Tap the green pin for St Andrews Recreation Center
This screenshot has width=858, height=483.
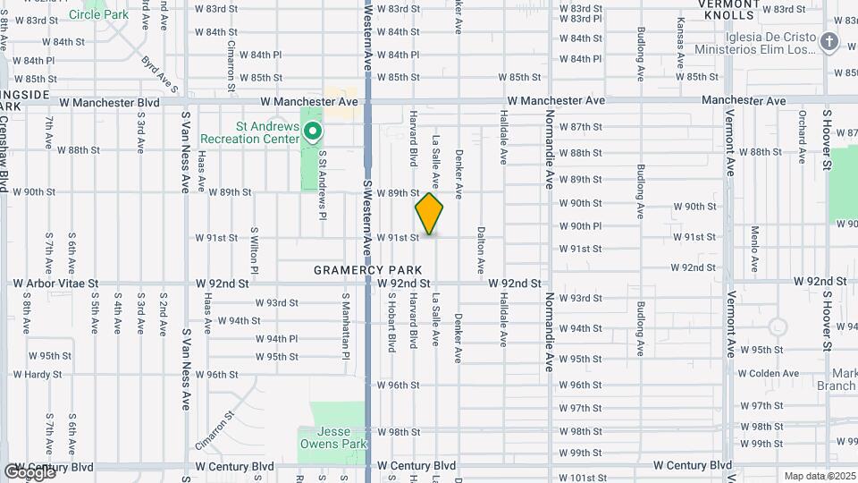[313, 133]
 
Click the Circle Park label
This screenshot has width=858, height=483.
[98, 14]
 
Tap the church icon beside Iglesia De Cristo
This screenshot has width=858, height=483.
[829, 42]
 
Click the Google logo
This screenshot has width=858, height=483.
[29, 471]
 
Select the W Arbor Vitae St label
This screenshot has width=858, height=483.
[55, 284]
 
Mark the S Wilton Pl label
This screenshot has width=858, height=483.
[255, 250]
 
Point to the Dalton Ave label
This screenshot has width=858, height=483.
[481, 250]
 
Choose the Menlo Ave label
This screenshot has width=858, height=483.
[754, 250]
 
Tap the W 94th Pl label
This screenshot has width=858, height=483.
[276, 339]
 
